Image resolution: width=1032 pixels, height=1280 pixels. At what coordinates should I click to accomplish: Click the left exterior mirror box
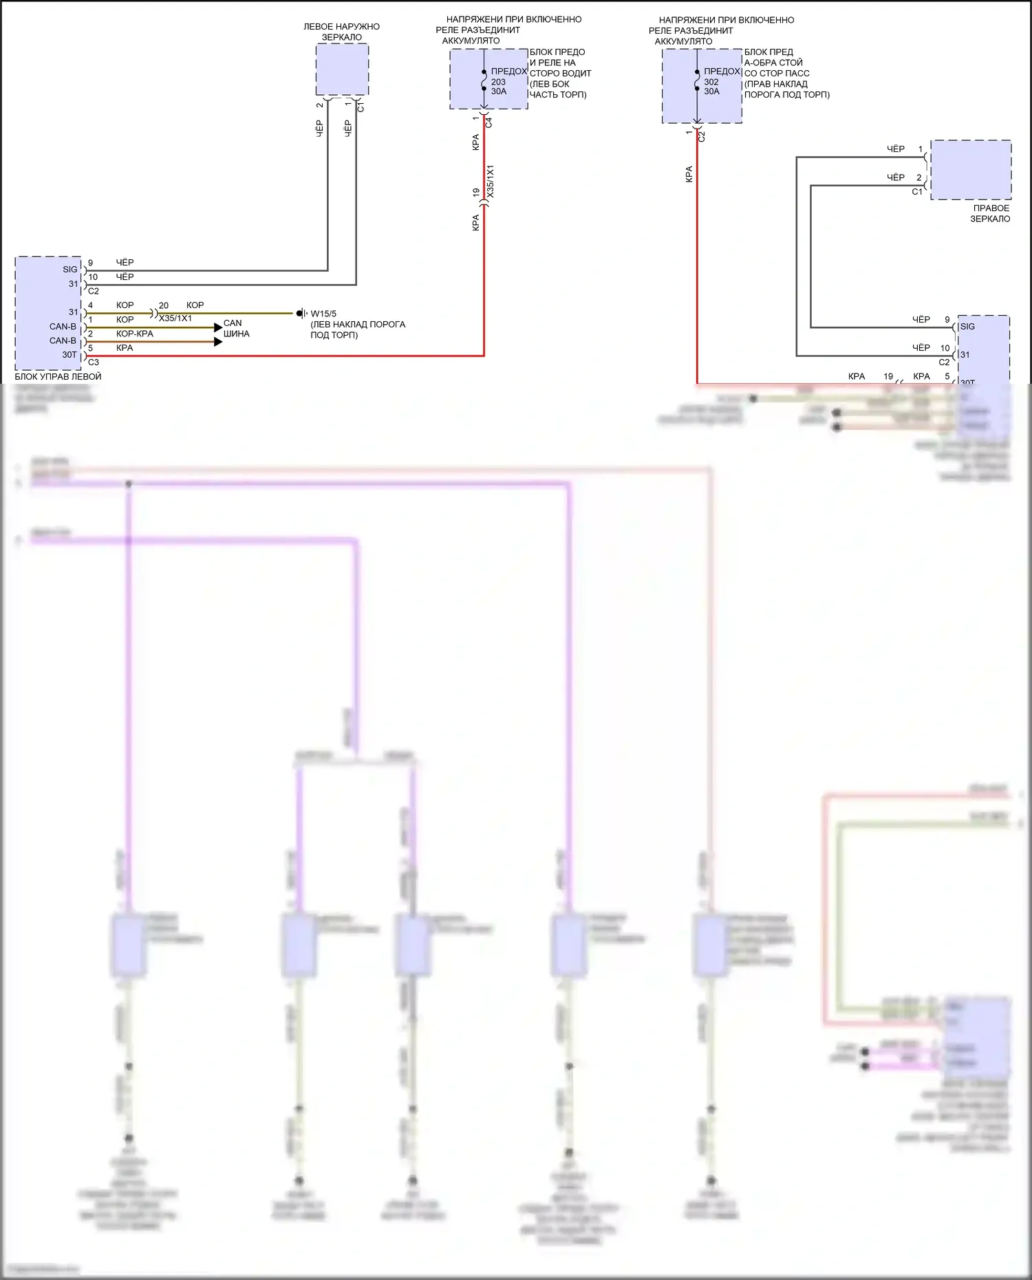pos(342,69)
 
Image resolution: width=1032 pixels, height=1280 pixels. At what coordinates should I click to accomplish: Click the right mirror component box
pos(971,170)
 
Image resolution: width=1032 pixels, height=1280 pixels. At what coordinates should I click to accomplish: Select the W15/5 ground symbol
pos(301,314)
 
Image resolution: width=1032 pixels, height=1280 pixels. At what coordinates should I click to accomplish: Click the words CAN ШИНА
pos(236,328)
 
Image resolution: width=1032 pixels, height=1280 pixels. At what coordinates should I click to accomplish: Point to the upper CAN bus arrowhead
pos(218,327)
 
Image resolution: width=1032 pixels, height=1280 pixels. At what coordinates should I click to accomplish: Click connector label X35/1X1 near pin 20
pos(175,318)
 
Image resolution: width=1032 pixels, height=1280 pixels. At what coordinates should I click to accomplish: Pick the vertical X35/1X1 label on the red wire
pos(491,182)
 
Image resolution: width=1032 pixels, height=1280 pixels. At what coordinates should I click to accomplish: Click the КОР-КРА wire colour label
pos(134,334)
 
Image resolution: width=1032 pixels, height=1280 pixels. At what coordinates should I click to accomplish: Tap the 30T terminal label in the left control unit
pos(69,355)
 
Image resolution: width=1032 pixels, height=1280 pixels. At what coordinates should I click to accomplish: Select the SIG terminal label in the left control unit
pos(70,270)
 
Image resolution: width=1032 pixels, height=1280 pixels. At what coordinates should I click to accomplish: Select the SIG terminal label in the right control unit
pos(967,327)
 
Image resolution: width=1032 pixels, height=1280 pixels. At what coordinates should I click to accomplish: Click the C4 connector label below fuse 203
pos(489,122)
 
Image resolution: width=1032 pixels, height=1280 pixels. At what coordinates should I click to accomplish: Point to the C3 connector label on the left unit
pos(94,362)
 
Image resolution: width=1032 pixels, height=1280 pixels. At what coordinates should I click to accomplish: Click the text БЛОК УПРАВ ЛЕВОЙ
pos(58,377)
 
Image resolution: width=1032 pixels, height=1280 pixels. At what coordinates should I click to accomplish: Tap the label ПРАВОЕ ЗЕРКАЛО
pos(990,213)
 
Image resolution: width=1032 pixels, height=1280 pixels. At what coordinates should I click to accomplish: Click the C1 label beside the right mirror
pos(916,192)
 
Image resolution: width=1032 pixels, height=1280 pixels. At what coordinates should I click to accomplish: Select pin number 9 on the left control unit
pos(90,263)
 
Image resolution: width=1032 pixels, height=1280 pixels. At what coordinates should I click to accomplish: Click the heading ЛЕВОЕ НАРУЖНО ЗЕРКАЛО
pos(341,32)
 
